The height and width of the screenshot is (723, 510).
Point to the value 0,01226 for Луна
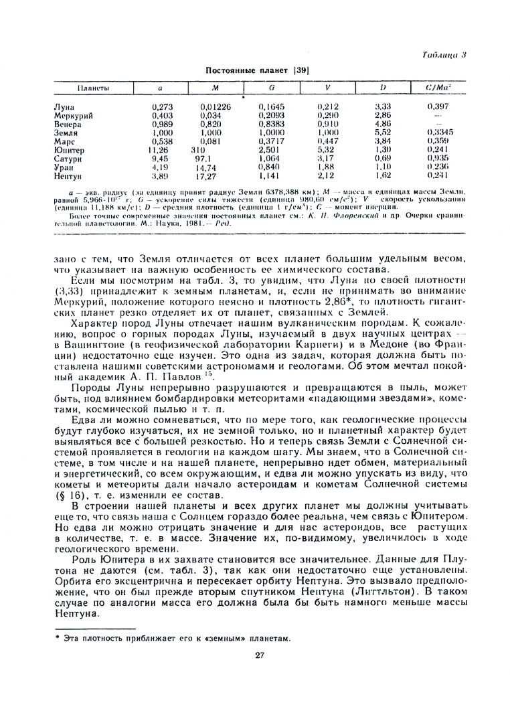pos(215,106)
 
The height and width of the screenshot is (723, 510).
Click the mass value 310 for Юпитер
pos(197,151)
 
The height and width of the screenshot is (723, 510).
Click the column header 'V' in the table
pos(327,88)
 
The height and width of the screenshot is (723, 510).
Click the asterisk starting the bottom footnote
pos(58,638)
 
